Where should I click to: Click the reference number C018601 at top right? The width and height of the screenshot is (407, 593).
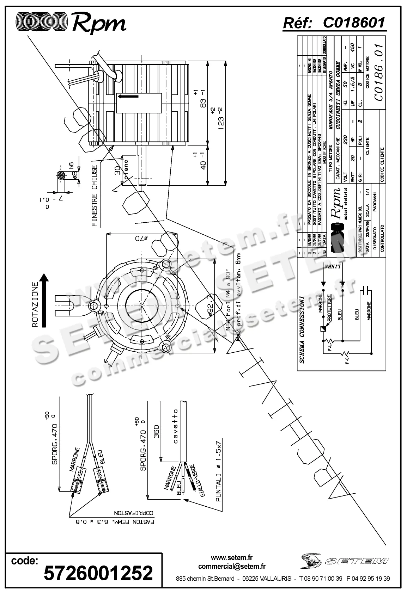[x=353, y=23]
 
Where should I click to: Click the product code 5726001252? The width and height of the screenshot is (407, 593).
[x=98, y=572]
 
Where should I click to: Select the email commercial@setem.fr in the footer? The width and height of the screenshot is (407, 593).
[x=232, y=566]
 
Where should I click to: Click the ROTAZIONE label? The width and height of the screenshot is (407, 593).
[x=35, y=304]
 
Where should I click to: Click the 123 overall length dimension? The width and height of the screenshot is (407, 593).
[x=221, y=118]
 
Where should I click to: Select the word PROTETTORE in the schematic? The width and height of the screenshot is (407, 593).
[x=329, y=307]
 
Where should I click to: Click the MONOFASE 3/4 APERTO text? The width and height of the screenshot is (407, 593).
[x=330, y=101]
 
